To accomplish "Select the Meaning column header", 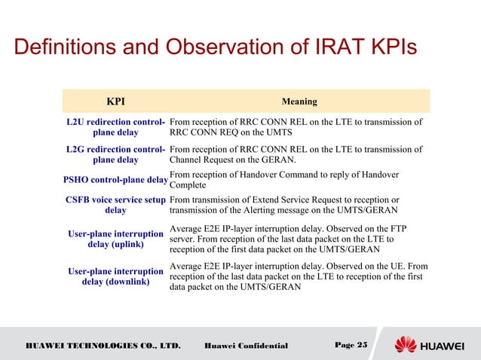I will pyautogui.click(x=299, y=101).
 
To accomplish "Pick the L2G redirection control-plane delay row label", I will pyautogui.click(x=115, y=154).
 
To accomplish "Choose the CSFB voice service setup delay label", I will pyautogui.click(x=115, y=205).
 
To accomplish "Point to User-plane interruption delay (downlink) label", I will pyautogui.click(x=115, y=276).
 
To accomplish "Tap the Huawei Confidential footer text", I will pyautogui.click(x=246, y=346).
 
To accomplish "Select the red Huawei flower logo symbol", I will pyautogui.click(x=406, y=345).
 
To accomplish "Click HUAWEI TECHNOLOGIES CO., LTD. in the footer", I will pyautogui.click(x=103, y=346).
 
